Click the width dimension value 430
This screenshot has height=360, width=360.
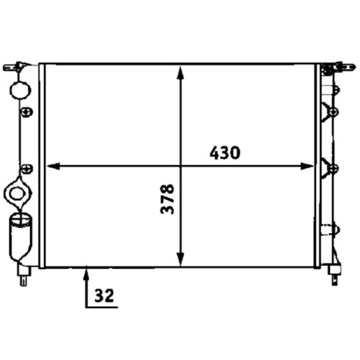click(225, 153)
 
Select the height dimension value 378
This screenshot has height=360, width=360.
click(167, 199)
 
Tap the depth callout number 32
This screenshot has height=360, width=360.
click(104, 296)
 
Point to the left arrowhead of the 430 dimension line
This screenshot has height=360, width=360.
click(53, 166)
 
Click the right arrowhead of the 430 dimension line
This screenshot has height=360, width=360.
click(307, 166)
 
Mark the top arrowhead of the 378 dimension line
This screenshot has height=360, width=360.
click(180, 73)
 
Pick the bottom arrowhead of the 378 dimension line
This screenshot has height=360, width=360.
click(180, 260)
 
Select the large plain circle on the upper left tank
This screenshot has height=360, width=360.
click(20, 90)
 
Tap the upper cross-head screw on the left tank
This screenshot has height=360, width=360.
click(27, 112)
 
